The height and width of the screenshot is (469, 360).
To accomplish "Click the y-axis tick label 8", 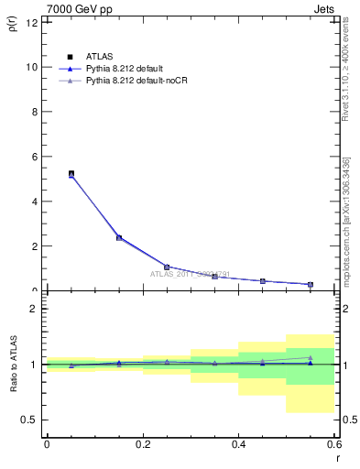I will (33, 112).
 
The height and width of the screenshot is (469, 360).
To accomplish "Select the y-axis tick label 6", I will (33, 157).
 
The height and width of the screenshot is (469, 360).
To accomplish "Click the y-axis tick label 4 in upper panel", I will (33, 202).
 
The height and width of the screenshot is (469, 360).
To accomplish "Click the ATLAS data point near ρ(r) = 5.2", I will (71, 173).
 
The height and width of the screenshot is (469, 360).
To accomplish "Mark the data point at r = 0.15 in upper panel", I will (119, 237).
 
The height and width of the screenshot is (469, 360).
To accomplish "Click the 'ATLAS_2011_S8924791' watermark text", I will (190, 274).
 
